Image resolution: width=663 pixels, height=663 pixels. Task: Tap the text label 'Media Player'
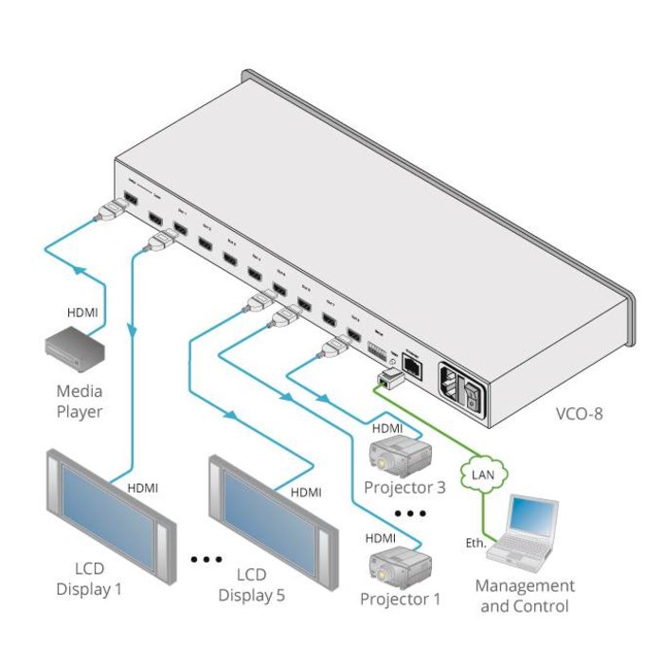[x=80, y=401]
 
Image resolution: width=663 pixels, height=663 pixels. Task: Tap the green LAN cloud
[x=482, y=471]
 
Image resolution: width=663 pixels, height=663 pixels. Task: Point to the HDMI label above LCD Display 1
[x=142, y=488]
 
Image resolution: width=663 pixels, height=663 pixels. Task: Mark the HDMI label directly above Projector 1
[x=383, y=537]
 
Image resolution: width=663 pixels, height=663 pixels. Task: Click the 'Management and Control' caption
[x=525, y=597]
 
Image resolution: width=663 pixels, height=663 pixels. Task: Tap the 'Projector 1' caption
[x=401, y=600]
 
